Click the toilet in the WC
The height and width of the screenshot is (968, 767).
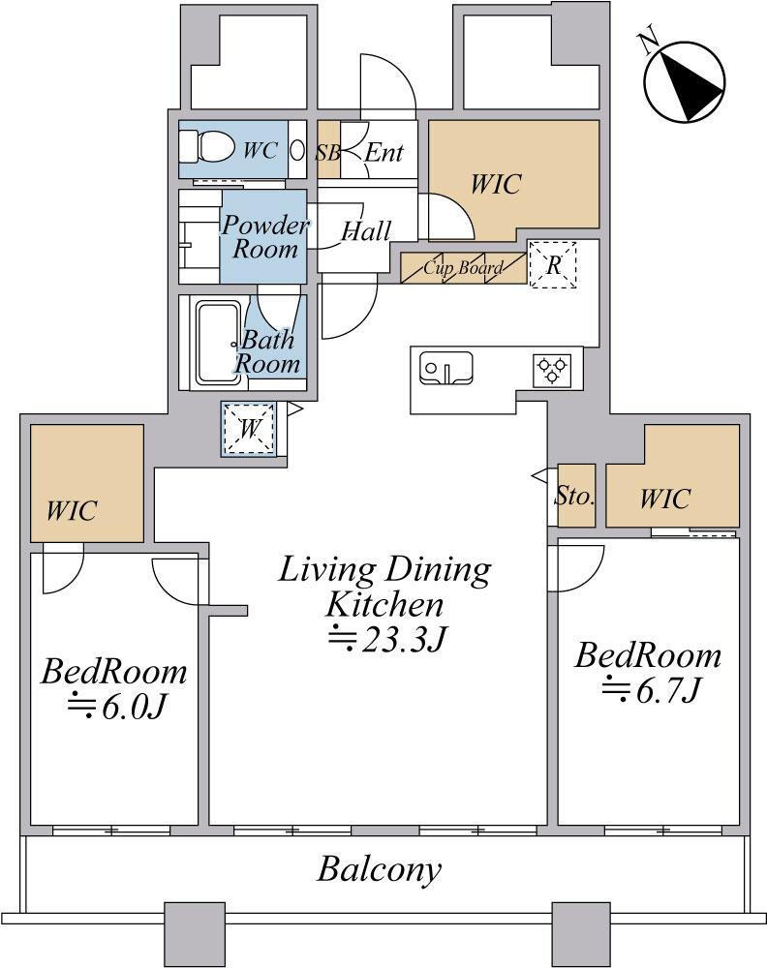click(x=206, y=148)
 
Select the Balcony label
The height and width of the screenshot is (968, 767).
click(x=380, y=870)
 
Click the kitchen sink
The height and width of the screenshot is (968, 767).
click(x=445, y=369)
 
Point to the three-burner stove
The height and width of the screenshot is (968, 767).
click(x=551, y=371)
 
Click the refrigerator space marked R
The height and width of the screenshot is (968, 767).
click(x=553, y=265)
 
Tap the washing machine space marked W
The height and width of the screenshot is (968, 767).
click(x=249, y=429)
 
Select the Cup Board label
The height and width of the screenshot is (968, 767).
click(x=462, y=268)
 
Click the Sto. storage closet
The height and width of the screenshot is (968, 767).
click(x=576, y=496)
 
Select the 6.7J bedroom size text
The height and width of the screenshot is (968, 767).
click(x=651, y=689)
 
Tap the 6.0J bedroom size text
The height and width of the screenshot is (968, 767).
click(x=117, y=707)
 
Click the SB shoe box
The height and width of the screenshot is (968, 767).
click(x=328, y=150)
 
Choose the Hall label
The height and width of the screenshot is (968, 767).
click(x=366, y=231)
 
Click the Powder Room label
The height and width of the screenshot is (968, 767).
click(x=265, y=237)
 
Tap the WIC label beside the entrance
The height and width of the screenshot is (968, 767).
click(x=496, y=184)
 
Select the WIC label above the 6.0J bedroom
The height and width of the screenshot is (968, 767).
click(x=72, y=511)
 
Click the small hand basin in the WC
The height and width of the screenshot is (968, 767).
click(x=297, y=150)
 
